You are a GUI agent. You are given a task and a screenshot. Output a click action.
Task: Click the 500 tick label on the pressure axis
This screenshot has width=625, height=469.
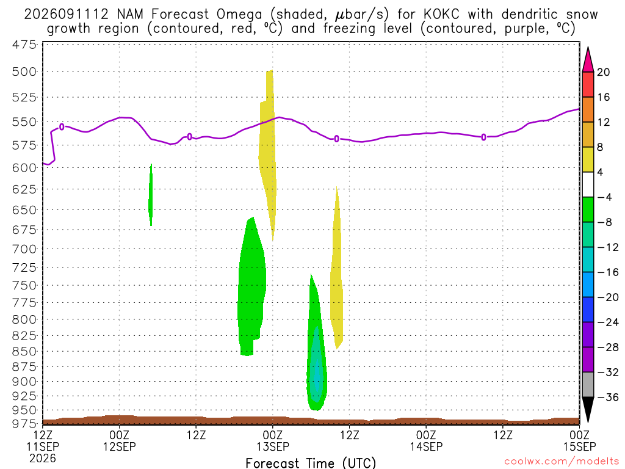[24, 72]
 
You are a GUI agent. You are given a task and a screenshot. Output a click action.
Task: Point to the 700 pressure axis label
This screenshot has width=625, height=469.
[24, 249]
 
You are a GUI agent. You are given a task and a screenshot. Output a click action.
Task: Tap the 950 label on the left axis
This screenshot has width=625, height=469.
[24, 410]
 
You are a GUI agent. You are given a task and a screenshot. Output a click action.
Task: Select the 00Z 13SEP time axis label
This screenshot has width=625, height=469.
[273, 440]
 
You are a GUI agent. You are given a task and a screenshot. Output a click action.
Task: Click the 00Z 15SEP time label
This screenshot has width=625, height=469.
[579, 440]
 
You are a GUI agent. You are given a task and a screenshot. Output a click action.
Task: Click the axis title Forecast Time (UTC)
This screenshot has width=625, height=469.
[311, 463]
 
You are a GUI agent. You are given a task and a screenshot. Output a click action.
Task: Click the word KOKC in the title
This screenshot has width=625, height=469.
[441, 15]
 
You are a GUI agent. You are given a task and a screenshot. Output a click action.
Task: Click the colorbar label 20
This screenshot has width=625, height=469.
[603, 72]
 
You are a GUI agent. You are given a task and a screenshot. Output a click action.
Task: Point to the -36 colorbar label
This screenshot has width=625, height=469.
[608, 397]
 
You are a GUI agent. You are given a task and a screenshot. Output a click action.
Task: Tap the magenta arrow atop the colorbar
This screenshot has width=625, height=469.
[588, 60]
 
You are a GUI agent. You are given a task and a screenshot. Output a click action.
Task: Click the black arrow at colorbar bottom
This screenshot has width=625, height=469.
[588, 409]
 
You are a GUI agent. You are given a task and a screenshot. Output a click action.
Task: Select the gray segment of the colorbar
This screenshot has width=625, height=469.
[588, 385]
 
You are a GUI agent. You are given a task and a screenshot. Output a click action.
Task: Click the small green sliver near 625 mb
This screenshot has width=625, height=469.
[151, 195]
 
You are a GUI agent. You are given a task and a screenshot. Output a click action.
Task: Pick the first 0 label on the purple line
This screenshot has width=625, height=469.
[62, 127]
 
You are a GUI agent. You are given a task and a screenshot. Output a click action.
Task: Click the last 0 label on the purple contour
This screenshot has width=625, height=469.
[483, 137]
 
